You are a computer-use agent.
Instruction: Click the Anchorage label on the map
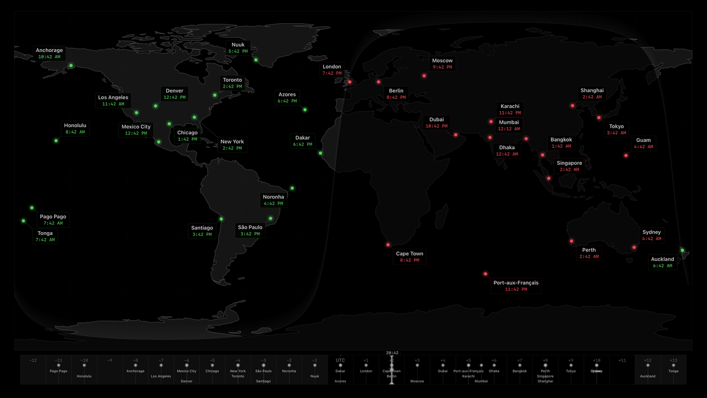(49, 50)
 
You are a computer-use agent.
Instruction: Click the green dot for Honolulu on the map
(56, 140)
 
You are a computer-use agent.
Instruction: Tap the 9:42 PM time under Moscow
(442, 67)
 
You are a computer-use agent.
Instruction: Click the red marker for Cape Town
(388, 244)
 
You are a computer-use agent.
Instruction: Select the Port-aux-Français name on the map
(516, 282)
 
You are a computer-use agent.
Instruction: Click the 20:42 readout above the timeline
(392, 353)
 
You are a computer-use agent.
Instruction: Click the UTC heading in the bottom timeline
(340, 360)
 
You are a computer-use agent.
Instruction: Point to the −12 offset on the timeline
(33, 360)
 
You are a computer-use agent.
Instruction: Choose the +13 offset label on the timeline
(673, 360)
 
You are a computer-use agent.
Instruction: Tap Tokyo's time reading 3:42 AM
(616, 133)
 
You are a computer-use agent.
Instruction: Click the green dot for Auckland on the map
(682, 250)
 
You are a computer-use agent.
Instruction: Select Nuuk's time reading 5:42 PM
(238, 51)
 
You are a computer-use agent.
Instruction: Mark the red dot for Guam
(626, 155)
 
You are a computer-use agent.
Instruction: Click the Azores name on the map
(287, 94)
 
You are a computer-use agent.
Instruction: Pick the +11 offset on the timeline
(622, 360)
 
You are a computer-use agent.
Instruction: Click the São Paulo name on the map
(250, 227)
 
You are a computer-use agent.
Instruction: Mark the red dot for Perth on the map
(572, 240)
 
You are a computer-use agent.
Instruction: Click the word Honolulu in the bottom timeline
(85, 376)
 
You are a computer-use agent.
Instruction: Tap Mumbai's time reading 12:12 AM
(509, 129)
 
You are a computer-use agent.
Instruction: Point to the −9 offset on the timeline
(110, 360)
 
